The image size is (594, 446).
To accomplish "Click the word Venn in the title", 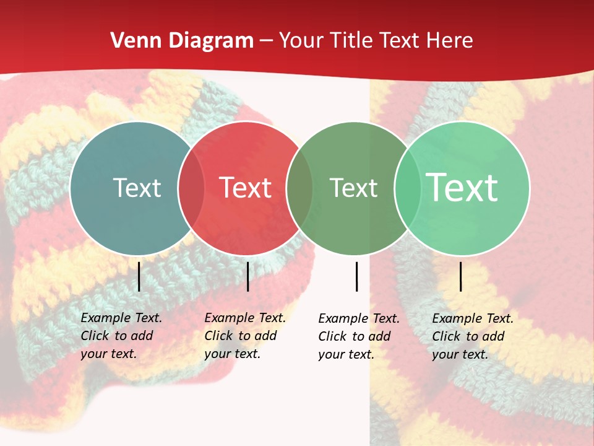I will [134, 41].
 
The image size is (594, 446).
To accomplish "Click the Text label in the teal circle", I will [137, 188].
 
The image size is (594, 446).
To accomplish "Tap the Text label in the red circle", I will [245, 188].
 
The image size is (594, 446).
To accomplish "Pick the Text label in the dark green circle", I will [353, 188].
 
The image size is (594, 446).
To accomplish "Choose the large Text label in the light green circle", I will [462, 188].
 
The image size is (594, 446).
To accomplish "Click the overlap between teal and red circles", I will [191, 188].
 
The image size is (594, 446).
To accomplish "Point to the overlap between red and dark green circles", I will [299, 188].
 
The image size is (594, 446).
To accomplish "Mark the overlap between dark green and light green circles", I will [408, 188].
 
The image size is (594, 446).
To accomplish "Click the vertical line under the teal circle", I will [139, 276].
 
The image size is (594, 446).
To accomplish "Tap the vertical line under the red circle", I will [247, 276].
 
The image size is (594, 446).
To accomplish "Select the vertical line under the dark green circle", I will [357, 276].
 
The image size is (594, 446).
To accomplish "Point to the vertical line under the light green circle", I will [461, 276].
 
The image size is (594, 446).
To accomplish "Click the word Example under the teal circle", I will [106, 318].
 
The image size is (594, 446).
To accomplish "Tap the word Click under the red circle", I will [218, 336].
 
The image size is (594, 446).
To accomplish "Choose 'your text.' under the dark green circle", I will [346, 354].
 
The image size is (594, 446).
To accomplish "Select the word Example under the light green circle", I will [457, 318].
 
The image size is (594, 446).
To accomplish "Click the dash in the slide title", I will [266, 42].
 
